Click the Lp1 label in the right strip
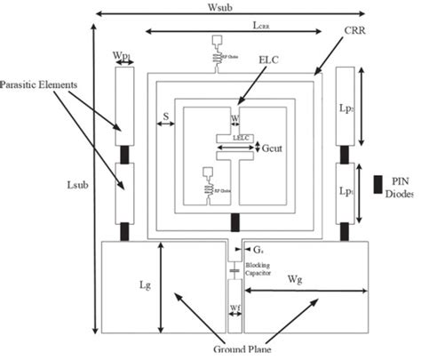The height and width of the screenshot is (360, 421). pyautogui.click(x=346, y=190)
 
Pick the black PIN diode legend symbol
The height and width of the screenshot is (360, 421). pyautogui.click(x=377, y=184)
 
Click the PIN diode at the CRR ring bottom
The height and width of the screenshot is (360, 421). pyautogui.click(x=234, y=221)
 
